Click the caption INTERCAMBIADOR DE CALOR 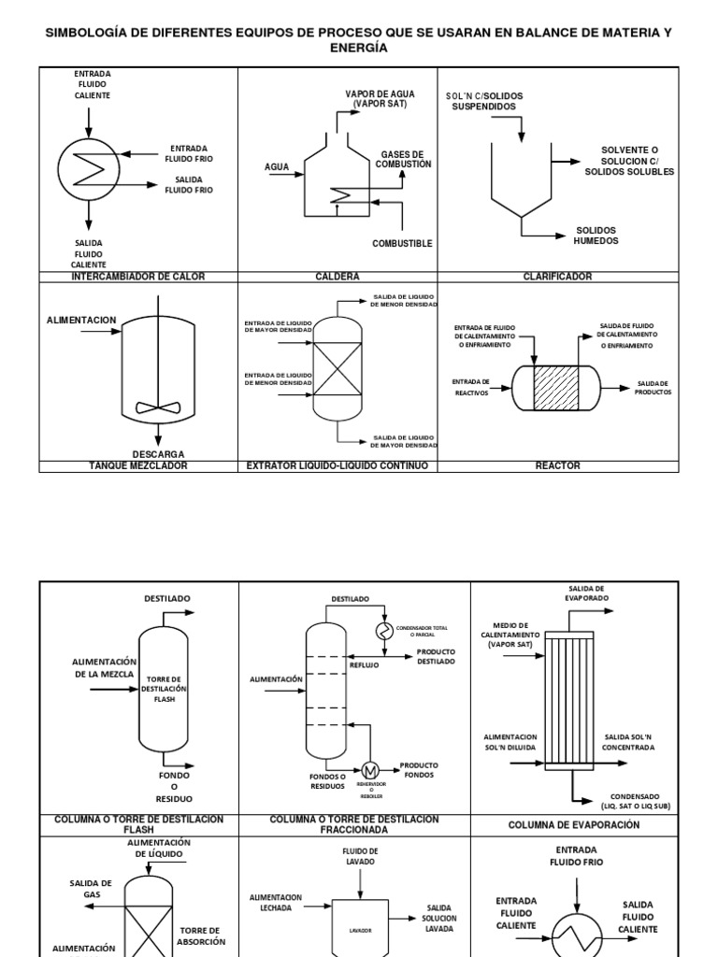(137, 277)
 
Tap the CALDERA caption (337, 277)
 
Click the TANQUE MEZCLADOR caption (137, 465)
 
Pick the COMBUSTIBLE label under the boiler (402, 244)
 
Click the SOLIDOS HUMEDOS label (596, 236)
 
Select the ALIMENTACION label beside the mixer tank (81, 321)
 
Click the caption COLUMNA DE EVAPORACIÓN (574, 825)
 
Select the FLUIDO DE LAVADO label (360, 856)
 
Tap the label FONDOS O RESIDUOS (327, 781)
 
